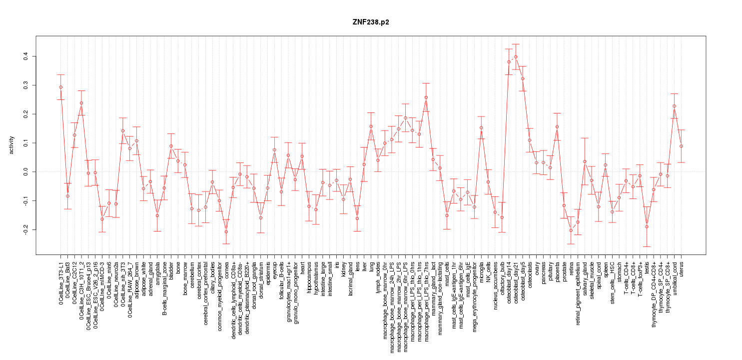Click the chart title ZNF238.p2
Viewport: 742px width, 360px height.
point(371,22)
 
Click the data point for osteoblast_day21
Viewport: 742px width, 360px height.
point(516,56)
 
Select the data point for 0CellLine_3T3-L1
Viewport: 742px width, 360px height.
point(60,87)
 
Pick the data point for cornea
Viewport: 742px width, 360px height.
point(226,231)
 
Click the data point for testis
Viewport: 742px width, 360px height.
point(647,226)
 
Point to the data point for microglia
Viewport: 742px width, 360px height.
point(481,127)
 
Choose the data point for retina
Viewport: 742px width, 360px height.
point(571,230)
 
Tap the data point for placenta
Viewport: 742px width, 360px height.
point(557,126)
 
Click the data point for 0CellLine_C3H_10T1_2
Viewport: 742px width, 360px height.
point(81,103)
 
